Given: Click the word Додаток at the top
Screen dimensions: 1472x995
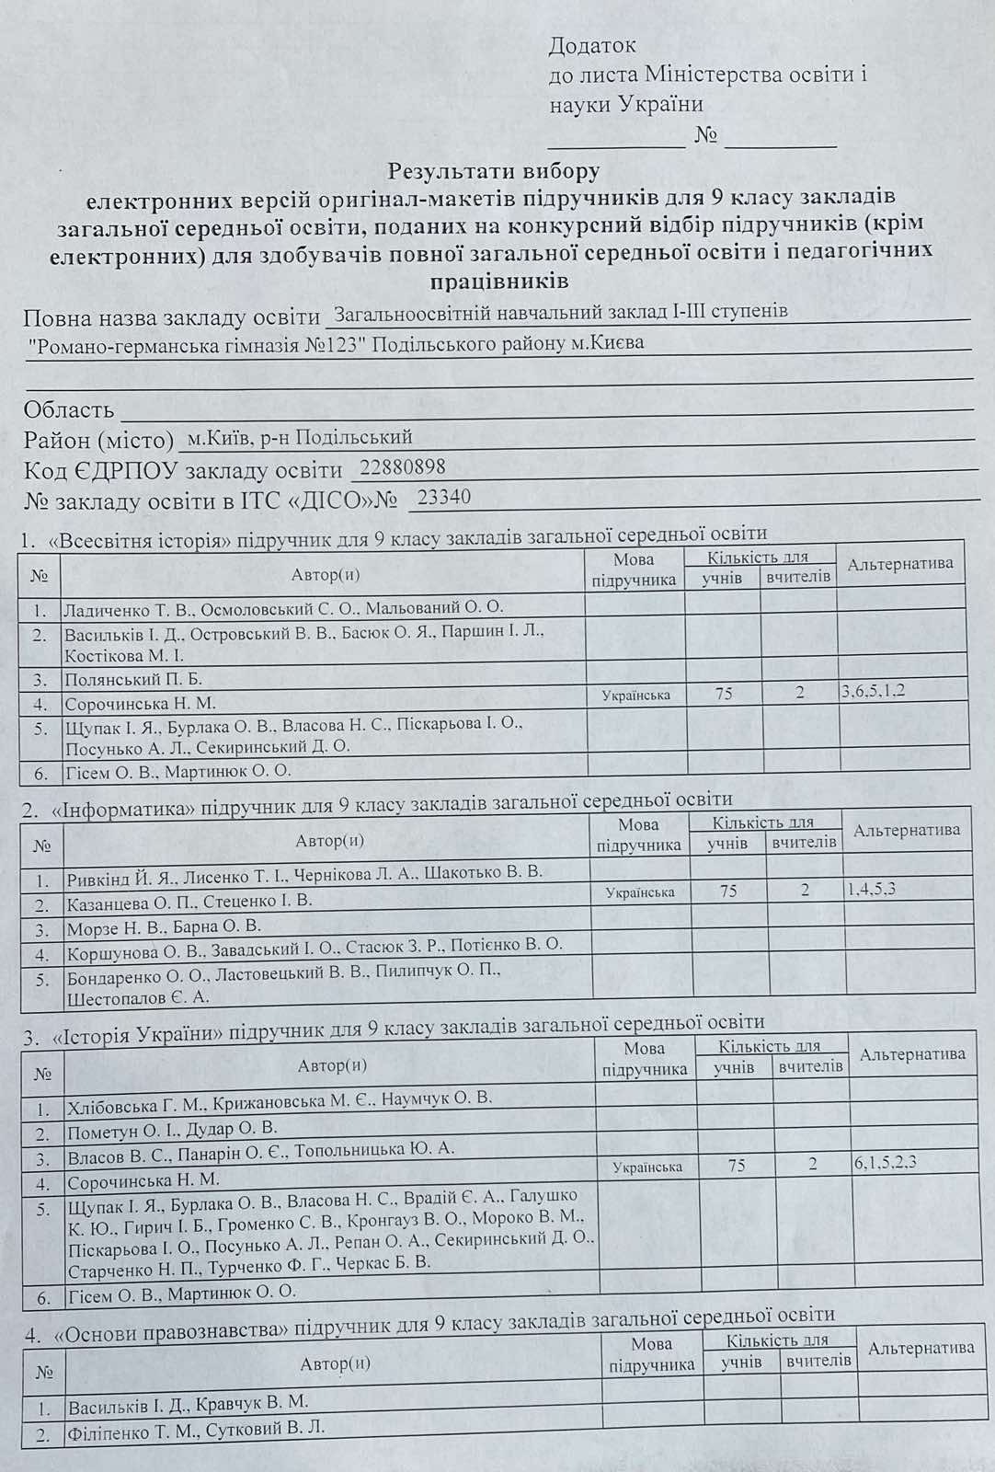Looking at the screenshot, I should pos(592,44).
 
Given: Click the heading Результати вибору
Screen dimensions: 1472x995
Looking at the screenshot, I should pos(494,171).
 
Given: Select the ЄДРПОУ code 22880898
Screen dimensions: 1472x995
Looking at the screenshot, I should pos(403,467).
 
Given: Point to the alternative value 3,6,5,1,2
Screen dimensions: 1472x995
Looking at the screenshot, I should pos(873,691).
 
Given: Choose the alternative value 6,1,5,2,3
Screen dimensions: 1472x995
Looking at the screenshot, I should pos(885,1162).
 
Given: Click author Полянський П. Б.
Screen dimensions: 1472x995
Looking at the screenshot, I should pos(133,680).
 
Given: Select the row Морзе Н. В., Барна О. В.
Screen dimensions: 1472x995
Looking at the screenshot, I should pos(164,926).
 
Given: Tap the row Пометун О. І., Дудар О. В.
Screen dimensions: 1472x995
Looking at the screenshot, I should pos(172,1128).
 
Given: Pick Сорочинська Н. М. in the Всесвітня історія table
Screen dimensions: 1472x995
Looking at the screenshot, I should pos(140,704).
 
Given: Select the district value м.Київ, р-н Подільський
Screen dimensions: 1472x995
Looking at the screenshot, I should pos(300,437).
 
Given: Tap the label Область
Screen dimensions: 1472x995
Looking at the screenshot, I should pos(69,409).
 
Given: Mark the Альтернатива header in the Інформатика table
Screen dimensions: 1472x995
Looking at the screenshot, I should pos(907,831).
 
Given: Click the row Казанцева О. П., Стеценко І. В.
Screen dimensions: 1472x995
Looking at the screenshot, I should pos(189,901).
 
